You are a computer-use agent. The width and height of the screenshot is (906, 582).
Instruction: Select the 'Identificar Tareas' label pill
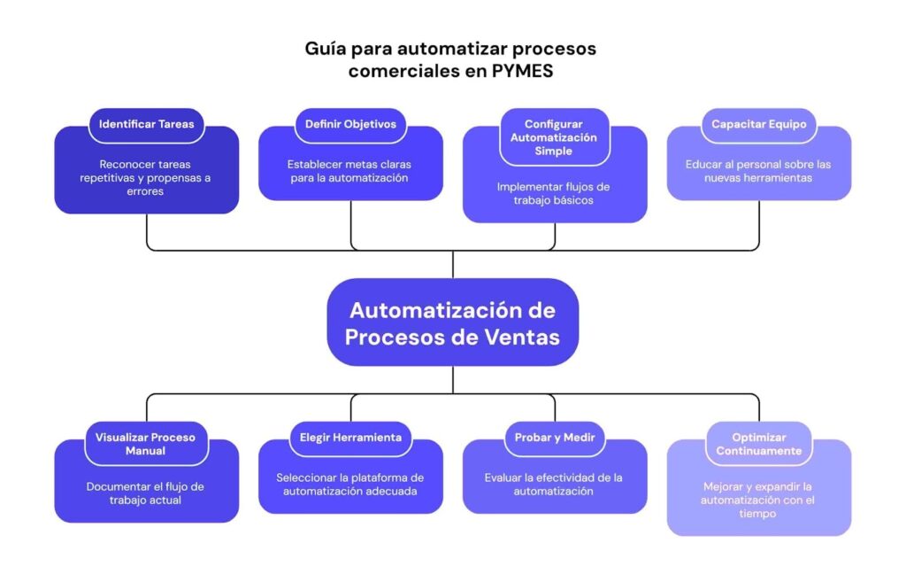point(147,124)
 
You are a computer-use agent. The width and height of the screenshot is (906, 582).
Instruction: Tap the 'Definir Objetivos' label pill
point(350,124)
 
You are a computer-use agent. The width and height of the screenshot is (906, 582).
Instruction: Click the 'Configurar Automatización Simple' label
point(555,137)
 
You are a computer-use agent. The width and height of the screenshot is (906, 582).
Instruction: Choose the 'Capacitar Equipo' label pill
point(758,124)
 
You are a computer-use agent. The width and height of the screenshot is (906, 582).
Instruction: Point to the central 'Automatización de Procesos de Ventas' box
point(452,323)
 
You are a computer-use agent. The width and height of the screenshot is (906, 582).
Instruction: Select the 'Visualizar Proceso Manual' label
point(147,444)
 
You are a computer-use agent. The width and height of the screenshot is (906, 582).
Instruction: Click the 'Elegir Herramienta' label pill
point(350,437)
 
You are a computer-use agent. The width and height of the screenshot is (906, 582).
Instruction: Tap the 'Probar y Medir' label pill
point(555,437)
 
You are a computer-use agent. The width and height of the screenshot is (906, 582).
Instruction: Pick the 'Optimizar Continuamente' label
point(758,444)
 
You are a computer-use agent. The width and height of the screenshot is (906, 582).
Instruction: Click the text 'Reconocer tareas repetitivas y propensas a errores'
point(147,177)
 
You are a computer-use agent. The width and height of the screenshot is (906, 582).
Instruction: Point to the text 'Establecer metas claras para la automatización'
point(350,171)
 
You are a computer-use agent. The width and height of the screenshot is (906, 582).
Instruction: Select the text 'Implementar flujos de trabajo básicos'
point(555,193)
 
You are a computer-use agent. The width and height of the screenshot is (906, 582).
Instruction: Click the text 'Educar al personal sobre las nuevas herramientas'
point(758,171)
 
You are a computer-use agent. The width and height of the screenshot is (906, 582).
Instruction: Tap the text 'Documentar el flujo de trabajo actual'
point(147,493)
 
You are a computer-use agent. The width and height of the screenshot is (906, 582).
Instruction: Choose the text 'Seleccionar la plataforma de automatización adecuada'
point(350,484)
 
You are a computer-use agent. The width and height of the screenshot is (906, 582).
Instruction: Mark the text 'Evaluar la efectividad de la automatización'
point(555,484)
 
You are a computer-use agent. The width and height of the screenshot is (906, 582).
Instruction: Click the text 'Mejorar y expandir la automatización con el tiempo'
point(758,500)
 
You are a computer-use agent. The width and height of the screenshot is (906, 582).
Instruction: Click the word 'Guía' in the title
point(325,49)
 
